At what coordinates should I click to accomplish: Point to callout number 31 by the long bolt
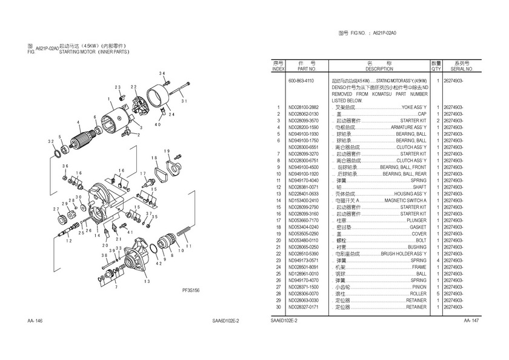pyautogui.click(x=184, y=101)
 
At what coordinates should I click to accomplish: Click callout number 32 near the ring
pyautogui.click(x=50, y=141)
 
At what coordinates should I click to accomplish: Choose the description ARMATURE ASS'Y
pyautogui.click(x=408, y=127)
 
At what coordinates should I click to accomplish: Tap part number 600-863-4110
pyautogui.click(x=301, y=81)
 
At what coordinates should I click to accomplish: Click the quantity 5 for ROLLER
pyautogui.click(x=437, y=294)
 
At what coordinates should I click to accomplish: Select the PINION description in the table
pyautogui.click(x=419, y=287)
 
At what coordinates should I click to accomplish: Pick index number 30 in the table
pyautogui.click(x=278, y=307)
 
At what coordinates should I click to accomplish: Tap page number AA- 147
pyautogui.click(x=471, y=320)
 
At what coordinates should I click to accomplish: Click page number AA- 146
pyautogui.click(x=35, y=320)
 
